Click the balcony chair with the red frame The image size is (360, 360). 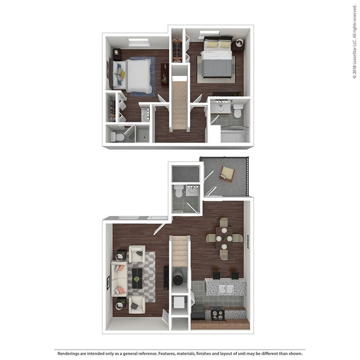[x=227, y=173]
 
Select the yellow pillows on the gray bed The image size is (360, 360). [x=218, y=44]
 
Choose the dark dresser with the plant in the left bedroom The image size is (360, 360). [x=164, y=73]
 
